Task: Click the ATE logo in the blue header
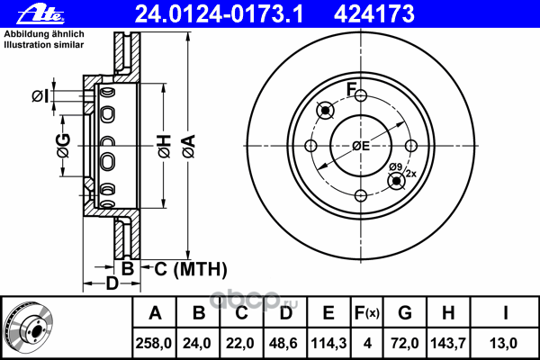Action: [40, 14]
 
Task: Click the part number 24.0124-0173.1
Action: [219, 14]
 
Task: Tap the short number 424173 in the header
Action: [374, 14]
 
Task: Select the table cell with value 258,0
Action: [154, 343]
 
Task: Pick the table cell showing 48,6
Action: [283, 343]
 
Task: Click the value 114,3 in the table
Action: [328, 343]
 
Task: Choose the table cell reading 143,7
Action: [448, 343]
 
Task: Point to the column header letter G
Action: [405, 313]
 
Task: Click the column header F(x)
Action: [367, 313]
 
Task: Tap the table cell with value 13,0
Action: [503, 343]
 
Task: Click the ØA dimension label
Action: [189, 147]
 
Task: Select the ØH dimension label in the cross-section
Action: [165, 147]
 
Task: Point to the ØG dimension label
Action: [64, 146]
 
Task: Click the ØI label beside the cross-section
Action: [40, 95]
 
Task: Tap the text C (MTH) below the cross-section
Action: [191, 269]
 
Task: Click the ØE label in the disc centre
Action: [361, 146]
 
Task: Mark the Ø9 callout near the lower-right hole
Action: [396, 167]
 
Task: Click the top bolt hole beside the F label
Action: [361, 95]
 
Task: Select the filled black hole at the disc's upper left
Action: [325, 110]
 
